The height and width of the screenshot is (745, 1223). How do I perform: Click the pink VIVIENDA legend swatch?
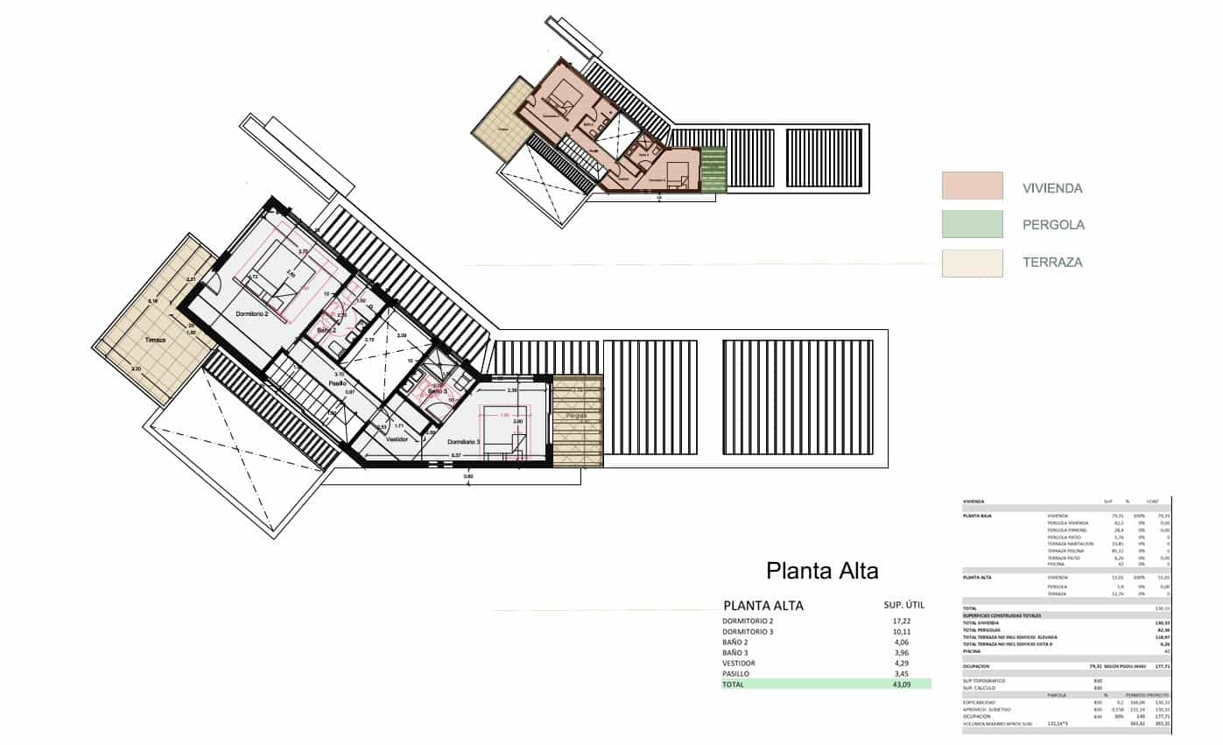coord(972,186)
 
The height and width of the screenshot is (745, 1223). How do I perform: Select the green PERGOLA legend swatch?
coord(972,224)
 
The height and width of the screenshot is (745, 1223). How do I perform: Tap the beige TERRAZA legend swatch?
coord(972,263)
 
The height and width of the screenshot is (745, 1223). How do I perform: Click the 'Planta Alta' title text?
coord(822,571)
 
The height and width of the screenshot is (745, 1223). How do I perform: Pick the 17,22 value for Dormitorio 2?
coord(901,621)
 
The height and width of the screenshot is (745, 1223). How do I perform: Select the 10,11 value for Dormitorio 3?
coord(901,631)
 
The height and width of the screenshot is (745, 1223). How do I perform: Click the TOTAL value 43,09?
coord(901,685)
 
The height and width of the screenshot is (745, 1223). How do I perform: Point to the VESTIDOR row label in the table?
coord(739,664)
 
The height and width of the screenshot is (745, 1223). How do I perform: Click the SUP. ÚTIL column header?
coord(904,605)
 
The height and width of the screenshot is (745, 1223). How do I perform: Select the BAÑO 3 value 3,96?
coord(901,653)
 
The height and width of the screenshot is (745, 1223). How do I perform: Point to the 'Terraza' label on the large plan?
coord(155,340)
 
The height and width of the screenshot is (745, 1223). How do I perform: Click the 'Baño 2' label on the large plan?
coord(326,331)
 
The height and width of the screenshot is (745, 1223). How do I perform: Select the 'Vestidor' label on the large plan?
coord(397,439)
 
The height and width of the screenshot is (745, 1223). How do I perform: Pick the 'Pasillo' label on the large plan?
coord(337,383)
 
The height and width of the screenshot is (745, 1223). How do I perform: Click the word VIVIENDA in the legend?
coord(1052,187)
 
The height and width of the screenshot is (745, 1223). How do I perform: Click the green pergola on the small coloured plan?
coord(714,170)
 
